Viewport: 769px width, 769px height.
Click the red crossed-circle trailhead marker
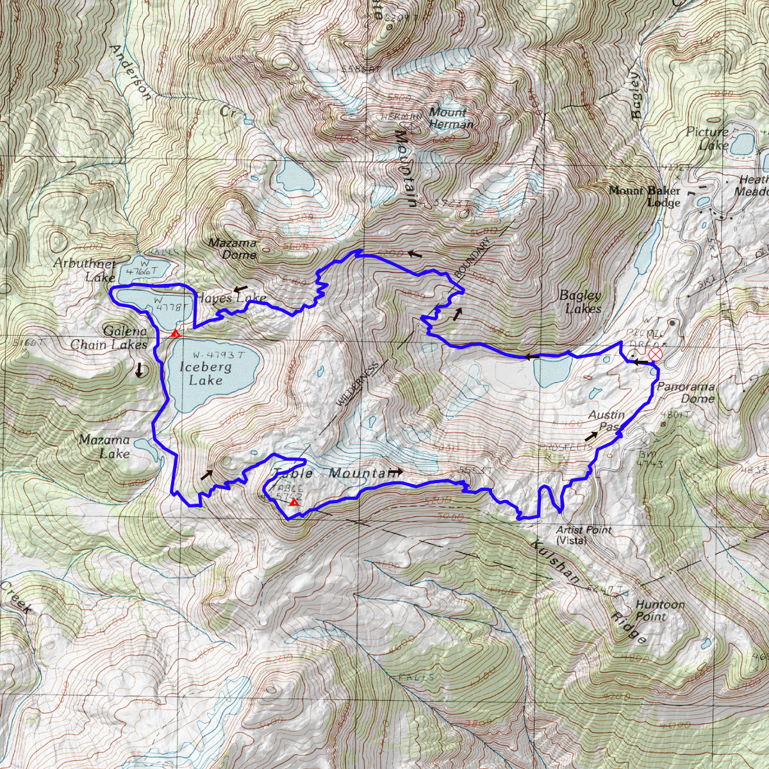(655, 354)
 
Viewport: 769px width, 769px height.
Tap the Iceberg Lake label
(205, 374)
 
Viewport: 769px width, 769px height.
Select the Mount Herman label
(451, 118)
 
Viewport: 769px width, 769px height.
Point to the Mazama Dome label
(233, 249)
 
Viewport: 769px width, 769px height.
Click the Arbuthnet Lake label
(85, 270)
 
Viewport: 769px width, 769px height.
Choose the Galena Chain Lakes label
(109, 338)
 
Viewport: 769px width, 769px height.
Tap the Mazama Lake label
(105, 447)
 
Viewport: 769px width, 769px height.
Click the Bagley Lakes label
(581, 302)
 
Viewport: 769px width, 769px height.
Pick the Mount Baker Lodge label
(645, 196)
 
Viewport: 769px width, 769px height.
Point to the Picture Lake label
(707, 138)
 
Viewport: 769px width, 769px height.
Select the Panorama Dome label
(686, 392)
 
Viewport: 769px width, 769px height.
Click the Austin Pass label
(606, 420)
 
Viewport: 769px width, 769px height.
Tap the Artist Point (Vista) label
(583, 534)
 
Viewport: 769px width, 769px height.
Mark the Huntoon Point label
(660, 610)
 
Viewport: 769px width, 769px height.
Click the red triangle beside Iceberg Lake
(175, 333)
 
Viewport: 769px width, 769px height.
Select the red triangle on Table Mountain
(294, 502)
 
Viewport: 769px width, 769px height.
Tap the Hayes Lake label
(231, 298)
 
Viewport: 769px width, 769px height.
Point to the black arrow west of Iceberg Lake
(139, 370)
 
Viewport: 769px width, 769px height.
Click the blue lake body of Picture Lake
(743, 144)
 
